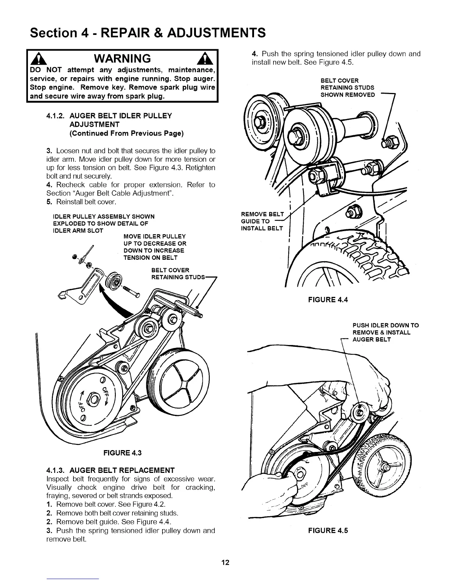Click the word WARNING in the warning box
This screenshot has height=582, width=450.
(x=122, y=58)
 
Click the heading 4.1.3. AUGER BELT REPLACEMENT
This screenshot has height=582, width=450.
(x=110, y=470)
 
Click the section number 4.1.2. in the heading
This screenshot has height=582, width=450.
(x=56, y=116)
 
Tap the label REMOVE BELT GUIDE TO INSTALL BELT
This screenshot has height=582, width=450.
(x=262, y=221)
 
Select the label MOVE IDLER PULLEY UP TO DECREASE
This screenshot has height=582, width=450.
(x=154, y=247)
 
